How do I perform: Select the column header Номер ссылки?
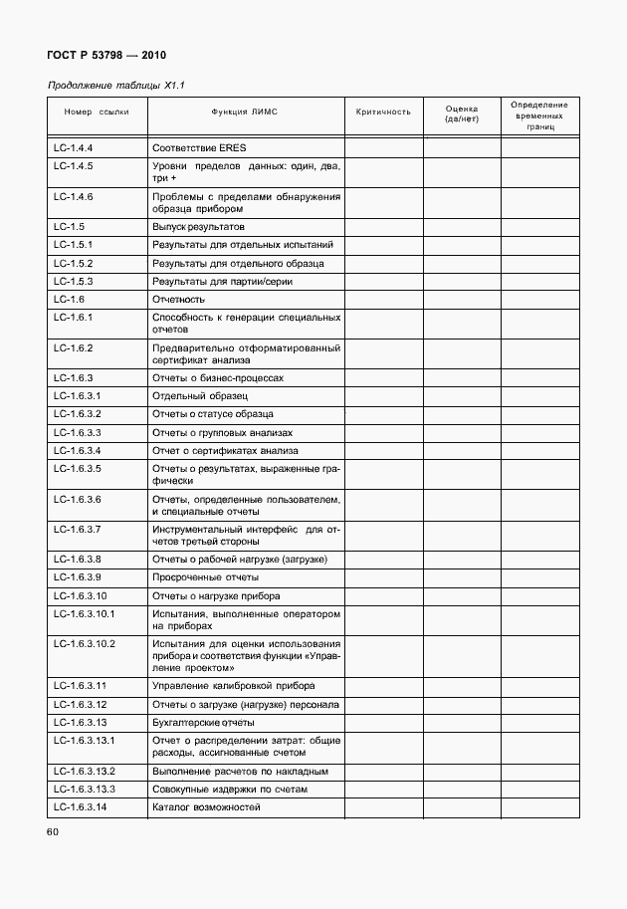[x=97, y=113]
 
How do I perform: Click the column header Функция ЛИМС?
[x=245, y=113]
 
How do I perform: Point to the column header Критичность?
[x=383, y=113]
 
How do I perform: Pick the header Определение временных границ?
[x=539, y=115]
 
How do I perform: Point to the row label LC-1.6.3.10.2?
[x=85, y=644]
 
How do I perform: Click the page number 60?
[x=54, y=831]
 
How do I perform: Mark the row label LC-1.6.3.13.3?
[x=85, y=789]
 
